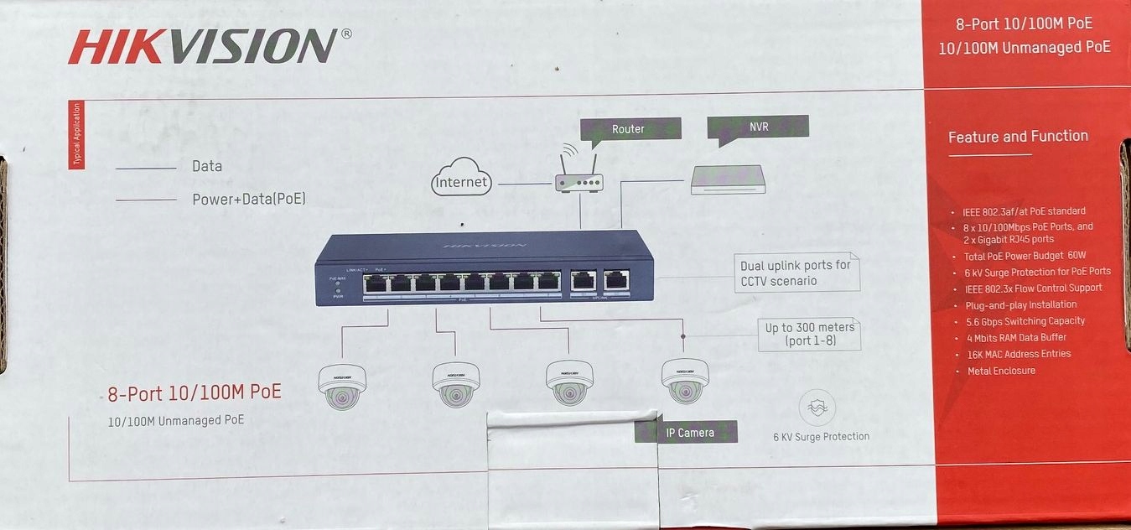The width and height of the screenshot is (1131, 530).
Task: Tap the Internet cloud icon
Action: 461,179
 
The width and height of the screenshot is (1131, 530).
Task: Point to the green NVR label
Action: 758,127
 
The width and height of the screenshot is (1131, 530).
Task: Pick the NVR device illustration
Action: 728,179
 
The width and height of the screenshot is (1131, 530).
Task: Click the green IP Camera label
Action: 688,433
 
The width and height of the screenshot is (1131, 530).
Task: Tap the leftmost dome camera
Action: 342,385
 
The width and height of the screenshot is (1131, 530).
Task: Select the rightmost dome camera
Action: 685,380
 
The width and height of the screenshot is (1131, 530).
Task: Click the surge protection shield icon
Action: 817,408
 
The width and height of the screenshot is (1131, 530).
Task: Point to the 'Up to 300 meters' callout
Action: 809,334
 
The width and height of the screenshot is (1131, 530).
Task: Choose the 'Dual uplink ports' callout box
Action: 796,273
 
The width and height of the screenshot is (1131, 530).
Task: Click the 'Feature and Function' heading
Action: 1018,136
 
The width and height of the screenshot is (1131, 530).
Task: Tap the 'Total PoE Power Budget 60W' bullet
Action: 1025,256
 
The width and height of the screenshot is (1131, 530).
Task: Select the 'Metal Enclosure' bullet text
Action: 1001,371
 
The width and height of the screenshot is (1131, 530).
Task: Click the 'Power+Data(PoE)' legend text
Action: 249,200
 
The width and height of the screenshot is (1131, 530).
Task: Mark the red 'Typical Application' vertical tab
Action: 76,134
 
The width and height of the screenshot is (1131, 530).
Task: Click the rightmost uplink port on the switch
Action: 616,280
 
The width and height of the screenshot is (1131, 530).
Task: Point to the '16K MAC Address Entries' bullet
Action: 1018,354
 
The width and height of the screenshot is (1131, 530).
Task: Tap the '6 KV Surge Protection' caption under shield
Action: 821,436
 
